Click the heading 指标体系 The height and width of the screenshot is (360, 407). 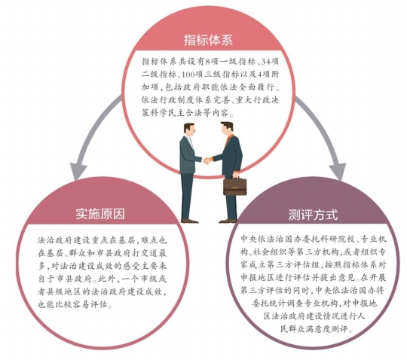coord(208,40)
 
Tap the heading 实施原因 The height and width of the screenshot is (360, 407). coord(100,214)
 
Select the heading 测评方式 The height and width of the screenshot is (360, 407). coord(313,215)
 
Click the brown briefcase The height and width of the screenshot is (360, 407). coord(235,186)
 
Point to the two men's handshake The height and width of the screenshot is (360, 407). coord(208,161)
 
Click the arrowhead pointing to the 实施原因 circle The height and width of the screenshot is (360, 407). coord(78,170)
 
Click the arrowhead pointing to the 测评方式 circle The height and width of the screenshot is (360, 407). coord(337,171)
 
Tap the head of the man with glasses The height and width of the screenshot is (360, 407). coord(189,130)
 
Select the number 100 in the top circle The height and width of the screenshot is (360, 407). coord(188,75)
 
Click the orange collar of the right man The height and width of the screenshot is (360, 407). coord(228,139)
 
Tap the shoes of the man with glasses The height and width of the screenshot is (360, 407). coord(190,221)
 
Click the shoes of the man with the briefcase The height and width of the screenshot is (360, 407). coord(228,221)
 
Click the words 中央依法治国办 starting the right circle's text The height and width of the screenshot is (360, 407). coord(267,239)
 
